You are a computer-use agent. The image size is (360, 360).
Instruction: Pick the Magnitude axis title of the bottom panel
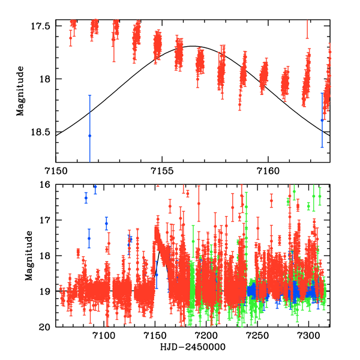(x=28, y=257)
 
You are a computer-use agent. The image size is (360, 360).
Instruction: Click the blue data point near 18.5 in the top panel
(x=89, y=136)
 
